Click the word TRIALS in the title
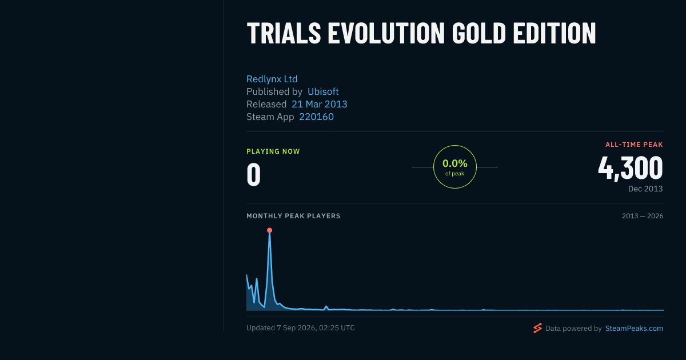(284, 33)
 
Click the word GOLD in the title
(479, 33)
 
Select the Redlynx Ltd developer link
(272, 79)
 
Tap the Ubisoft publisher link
(323, 91)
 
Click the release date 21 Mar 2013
(320, 104)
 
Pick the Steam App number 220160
(316, 117)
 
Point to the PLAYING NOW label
(273, 151)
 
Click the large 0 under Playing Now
(254, 174)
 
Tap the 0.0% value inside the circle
(455, 163)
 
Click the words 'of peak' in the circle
(455, 174)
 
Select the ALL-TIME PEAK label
(634, 145)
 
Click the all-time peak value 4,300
(631, 168)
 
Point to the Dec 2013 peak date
(645, 189)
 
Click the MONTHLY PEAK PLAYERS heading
(293, 216)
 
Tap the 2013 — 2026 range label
(643, 216)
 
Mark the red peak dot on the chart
(269, 230)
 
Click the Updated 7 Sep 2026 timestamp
(301, 328)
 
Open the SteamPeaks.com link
(634, 329)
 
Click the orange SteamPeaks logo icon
(537, 328)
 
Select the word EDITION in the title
(555, 33)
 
